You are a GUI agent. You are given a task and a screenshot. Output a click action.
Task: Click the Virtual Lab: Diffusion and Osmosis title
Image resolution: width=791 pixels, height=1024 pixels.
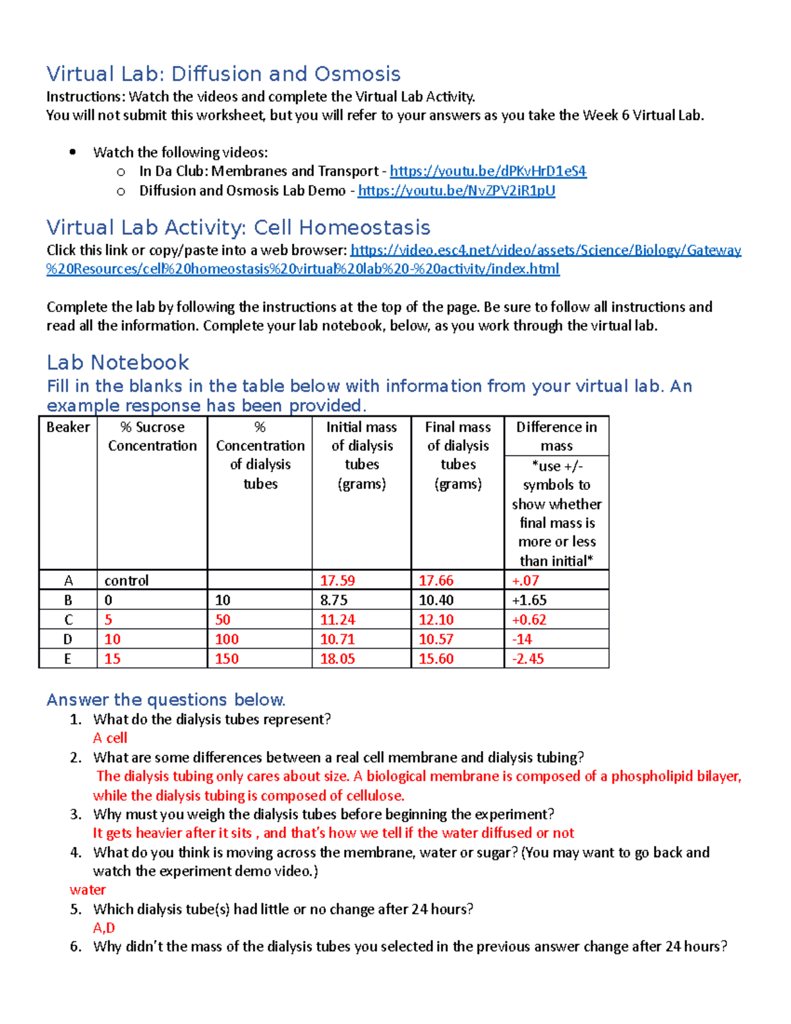(x=223, y=74)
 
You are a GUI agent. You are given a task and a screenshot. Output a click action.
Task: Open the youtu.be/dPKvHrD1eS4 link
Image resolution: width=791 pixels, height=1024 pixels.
(x=488, y=171)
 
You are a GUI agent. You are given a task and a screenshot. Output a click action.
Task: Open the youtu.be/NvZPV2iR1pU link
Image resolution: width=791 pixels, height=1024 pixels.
(x=456, y=191)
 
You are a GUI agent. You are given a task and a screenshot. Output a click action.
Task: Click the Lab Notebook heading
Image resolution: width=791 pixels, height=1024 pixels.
(x=117, y=363)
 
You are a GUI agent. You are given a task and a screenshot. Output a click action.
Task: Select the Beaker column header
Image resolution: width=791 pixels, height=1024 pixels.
(x=68, y=427)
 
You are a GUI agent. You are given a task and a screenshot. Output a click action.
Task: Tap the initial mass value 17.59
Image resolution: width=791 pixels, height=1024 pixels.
(x=337, y=581)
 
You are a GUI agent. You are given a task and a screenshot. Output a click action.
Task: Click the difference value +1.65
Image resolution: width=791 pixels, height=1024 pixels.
(x=529, y=600)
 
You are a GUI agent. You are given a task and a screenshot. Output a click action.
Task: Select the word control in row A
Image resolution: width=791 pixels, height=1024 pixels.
(x=127, y=581)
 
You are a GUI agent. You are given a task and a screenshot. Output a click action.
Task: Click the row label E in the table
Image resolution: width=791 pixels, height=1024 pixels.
(x=67, y=659)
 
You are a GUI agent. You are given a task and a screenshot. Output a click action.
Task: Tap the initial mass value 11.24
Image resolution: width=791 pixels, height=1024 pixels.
(x=337, y=620)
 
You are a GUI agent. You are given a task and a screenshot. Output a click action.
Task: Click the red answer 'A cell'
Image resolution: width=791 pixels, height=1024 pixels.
(x=110, y=738)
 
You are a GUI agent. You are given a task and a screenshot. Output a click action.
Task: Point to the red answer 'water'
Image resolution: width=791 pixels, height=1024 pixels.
(x=88, y=890)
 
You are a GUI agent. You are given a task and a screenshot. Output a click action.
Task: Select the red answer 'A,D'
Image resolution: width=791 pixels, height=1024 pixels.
(x=104, y=928)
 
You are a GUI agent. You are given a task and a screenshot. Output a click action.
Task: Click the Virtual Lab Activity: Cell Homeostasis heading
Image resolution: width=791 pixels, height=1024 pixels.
(x=238, y=228)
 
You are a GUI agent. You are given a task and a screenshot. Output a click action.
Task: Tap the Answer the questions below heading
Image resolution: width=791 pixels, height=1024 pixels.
(x=165, y=700)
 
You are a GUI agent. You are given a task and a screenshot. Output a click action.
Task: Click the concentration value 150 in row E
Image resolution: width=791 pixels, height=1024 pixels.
(x=227, y=659)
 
